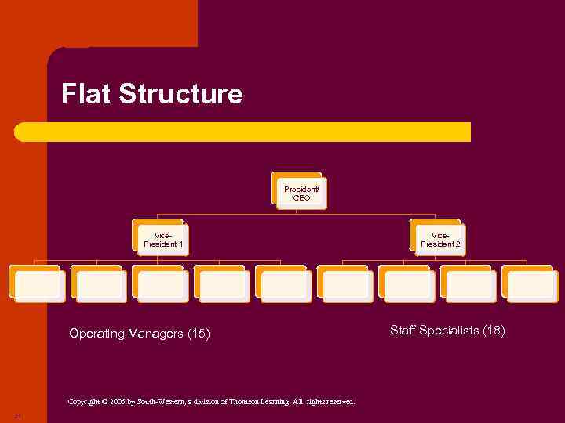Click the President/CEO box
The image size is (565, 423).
[301, 193]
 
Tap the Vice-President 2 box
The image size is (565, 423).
[440, 239]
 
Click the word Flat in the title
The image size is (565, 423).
[86, 94]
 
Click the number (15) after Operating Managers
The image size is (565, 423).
[199, 334]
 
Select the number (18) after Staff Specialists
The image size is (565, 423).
[494, 331]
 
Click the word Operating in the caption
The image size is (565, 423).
[97, 334]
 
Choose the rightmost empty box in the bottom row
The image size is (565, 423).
[532, 286]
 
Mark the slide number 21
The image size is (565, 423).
[17, 415]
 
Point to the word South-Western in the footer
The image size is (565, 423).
[160, 402]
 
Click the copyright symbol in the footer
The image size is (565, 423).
[105, 402]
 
